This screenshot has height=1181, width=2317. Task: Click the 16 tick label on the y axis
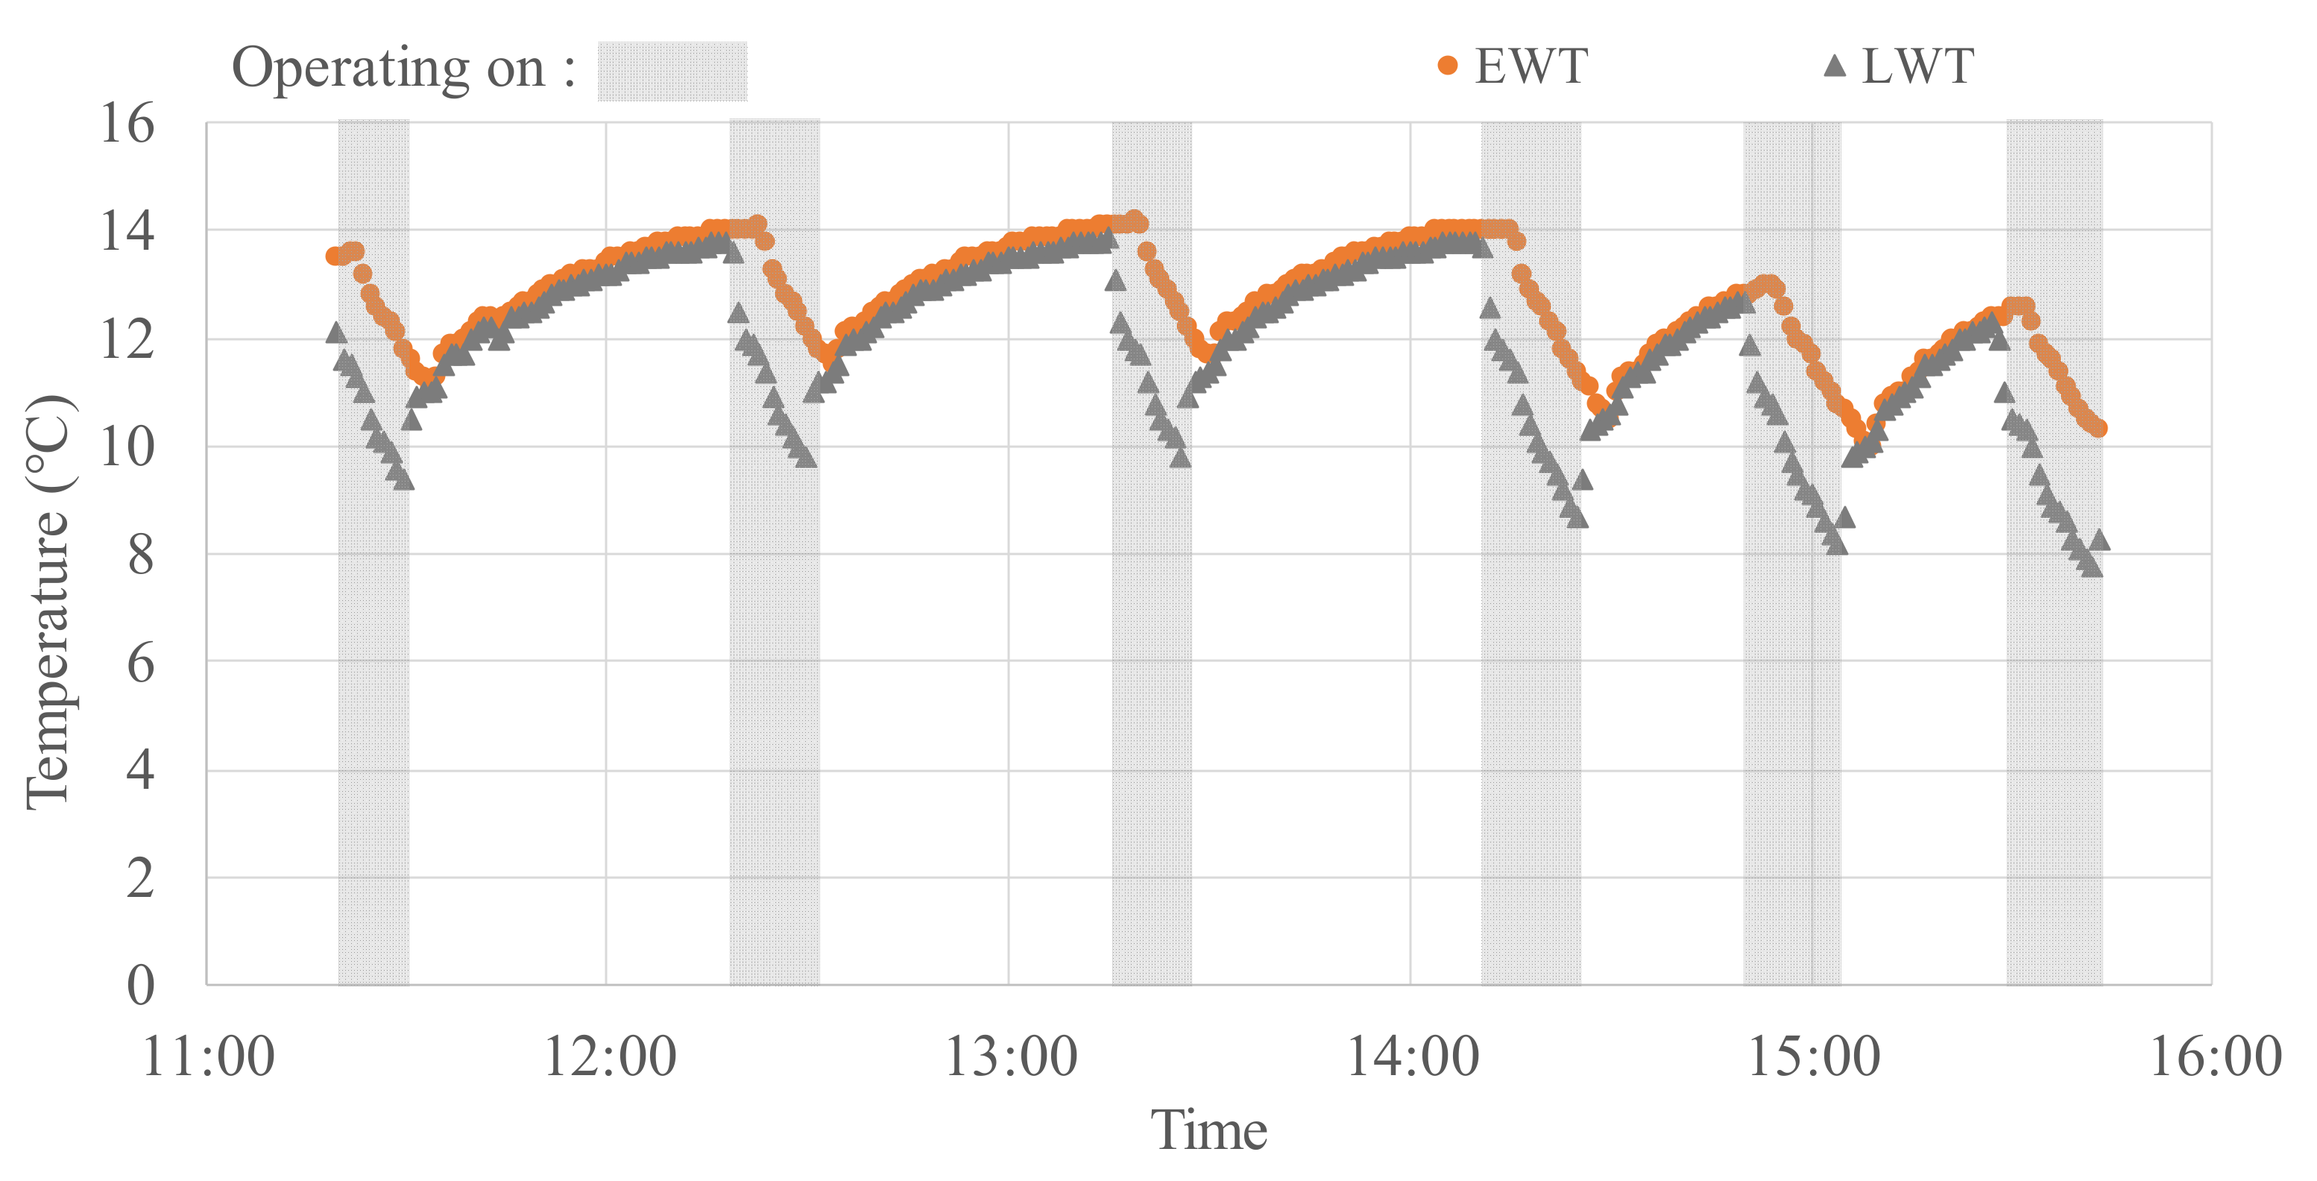[127, 123]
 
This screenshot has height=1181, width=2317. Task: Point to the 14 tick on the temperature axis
[127, 231]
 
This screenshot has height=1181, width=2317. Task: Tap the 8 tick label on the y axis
[139, 555]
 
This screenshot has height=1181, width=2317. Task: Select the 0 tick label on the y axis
[139, 985]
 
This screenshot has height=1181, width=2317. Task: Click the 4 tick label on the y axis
[139, 770]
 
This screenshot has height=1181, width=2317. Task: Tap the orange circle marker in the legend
[1447, 66]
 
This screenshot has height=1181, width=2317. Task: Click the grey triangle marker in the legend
[1834, 66]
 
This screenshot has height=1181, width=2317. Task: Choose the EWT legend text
[1531, 66]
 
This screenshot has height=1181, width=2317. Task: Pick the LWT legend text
[1917, 66]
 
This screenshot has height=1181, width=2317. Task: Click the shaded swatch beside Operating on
[672, 71]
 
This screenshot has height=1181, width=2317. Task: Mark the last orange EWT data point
[2099, 428]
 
